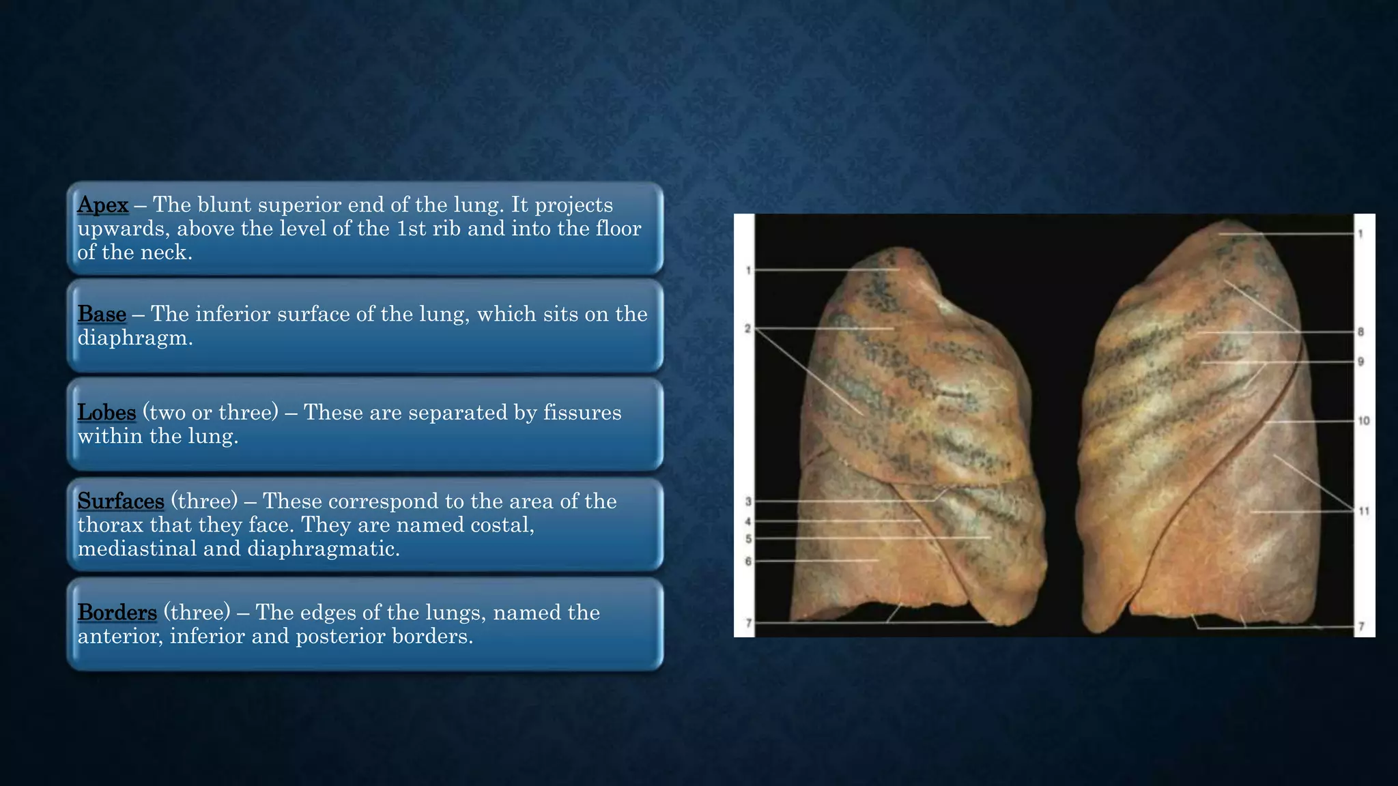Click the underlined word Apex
click(x=102, y=205)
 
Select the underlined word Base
click(x=102, y=314)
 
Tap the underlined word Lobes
click(x=106, y=412)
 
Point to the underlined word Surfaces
click(x=121, y=501)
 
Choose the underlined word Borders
click(x=117, y=612)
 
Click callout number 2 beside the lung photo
click(x=747, y=329)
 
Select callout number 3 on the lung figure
click(x=748, y=501)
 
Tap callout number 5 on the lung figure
click(x=748, y=539)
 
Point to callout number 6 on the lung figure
click(x=748, y=562)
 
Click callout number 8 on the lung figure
click(x=1360, y=332)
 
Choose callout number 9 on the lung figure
click(x=1360, y=362)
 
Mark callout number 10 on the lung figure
click(x=1363, y=421)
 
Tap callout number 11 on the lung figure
click(x=1363, y=511)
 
